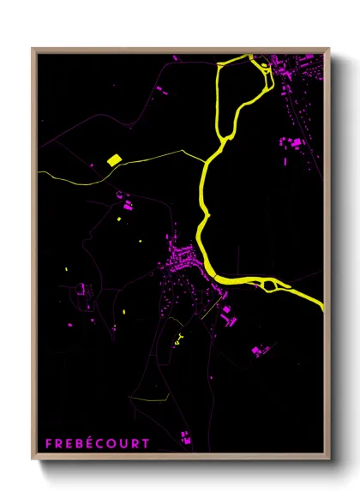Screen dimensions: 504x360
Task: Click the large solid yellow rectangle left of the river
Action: point(113,159)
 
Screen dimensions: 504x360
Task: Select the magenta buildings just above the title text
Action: point(185,437)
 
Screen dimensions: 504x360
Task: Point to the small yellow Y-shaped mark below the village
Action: point(177,337)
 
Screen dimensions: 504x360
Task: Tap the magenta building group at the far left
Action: point(84,291)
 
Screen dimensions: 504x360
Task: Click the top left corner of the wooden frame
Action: point(33,49)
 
